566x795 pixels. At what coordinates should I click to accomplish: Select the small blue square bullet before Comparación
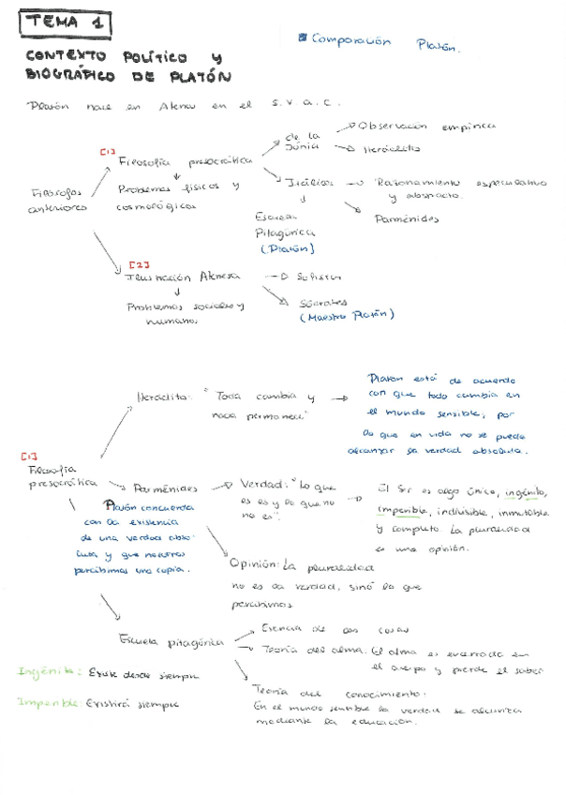click(302, 38)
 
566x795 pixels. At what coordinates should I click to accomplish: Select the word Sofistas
click(316, 277)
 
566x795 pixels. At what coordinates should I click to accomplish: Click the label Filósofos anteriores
click(59, 200)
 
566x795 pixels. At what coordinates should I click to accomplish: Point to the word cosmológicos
click(156, 207)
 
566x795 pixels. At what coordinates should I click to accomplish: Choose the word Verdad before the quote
click(261, 484)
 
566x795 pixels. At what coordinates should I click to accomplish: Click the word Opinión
click(253, 564)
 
